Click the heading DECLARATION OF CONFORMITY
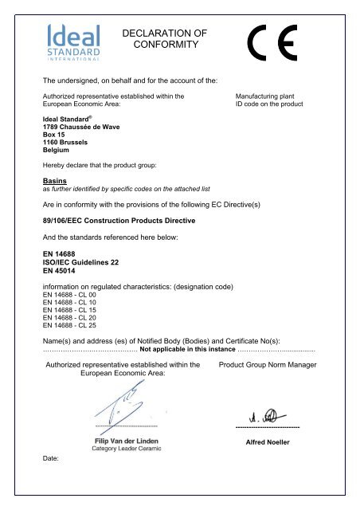click(x=166, y=39)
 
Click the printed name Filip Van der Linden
click(x=124, y=439)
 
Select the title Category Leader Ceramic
click(x=124, y=449)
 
